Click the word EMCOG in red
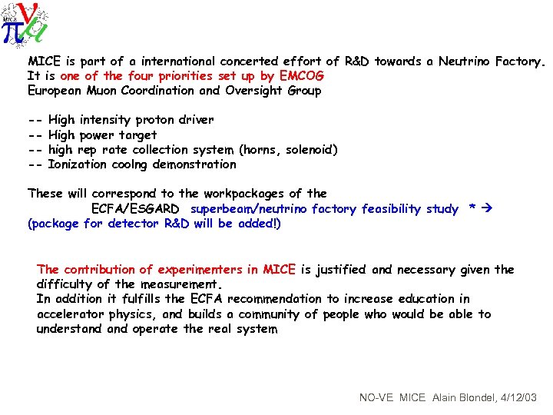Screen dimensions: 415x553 coord(302,75)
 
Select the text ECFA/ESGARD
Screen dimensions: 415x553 coord(135,209)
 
